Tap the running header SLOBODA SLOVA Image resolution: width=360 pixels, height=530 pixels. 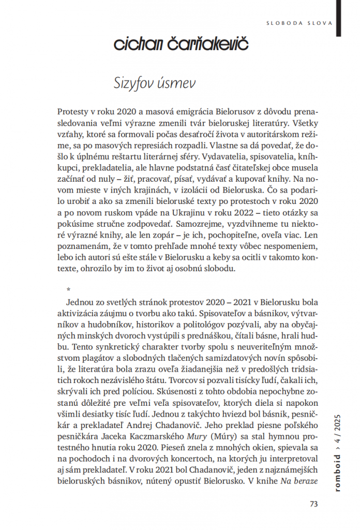point(298,23)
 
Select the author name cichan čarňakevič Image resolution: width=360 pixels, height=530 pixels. point(181,45)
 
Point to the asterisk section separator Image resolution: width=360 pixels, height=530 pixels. point(69,289)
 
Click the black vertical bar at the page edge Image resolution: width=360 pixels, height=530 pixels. point(338,19)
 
